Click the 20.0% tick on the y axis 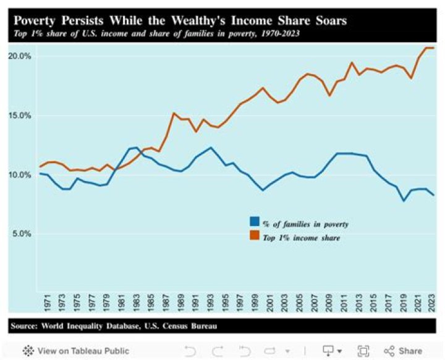pyautogui.click(x=19, y=56)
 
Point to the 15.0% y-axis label pyautogui.click(x=19, y=115)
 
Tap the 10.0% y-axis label pyautogui.click(x=19, y=175)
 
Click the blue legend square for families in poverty pyautogui.click(x=254, y=222)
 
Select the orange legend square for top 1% pyautogui.click(x=254, y=235)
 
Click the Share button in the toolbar pyautogui.click(x=404, y=351)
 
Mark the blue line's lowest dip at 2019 pyautogui.click(x=403, y=201)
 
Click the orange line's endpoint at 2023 pyautogui.click(x=433, y=48)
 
